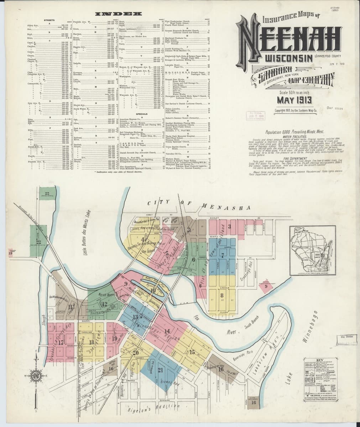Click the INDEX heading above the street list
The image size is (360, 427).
point(118,14)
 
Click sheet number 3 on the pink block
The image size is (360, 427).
point(230,226)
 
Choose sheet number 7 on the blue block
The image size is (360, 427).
point(223,255)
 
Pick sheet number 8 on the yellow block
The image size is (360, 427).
point(222,295)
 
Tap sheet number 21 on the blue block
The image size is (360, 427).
point(160,370)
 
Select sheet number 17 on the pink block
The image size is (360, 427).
point(61,343)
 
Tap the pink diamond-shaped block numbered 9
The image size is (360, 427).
point(265,285)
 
